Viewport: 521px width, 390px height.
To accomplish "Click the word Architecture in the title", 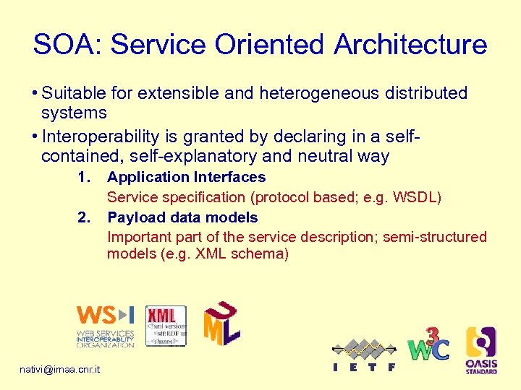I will point(410,45).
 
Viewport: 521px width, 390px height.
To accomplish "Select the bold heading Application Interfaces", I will point(186,177).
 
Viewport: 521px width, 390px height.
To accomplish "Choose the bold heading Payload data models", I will point(182,217).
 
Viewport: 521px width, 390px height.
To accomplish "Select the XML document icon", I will point(166,326).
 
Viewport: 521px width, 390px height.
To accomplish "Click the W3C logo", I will point(428,345).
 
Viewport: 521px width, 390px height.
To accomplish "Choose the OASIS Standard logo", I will point(480,350).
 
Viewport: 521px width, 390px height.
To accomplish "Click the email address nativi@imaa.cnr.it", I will point(60,370).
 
